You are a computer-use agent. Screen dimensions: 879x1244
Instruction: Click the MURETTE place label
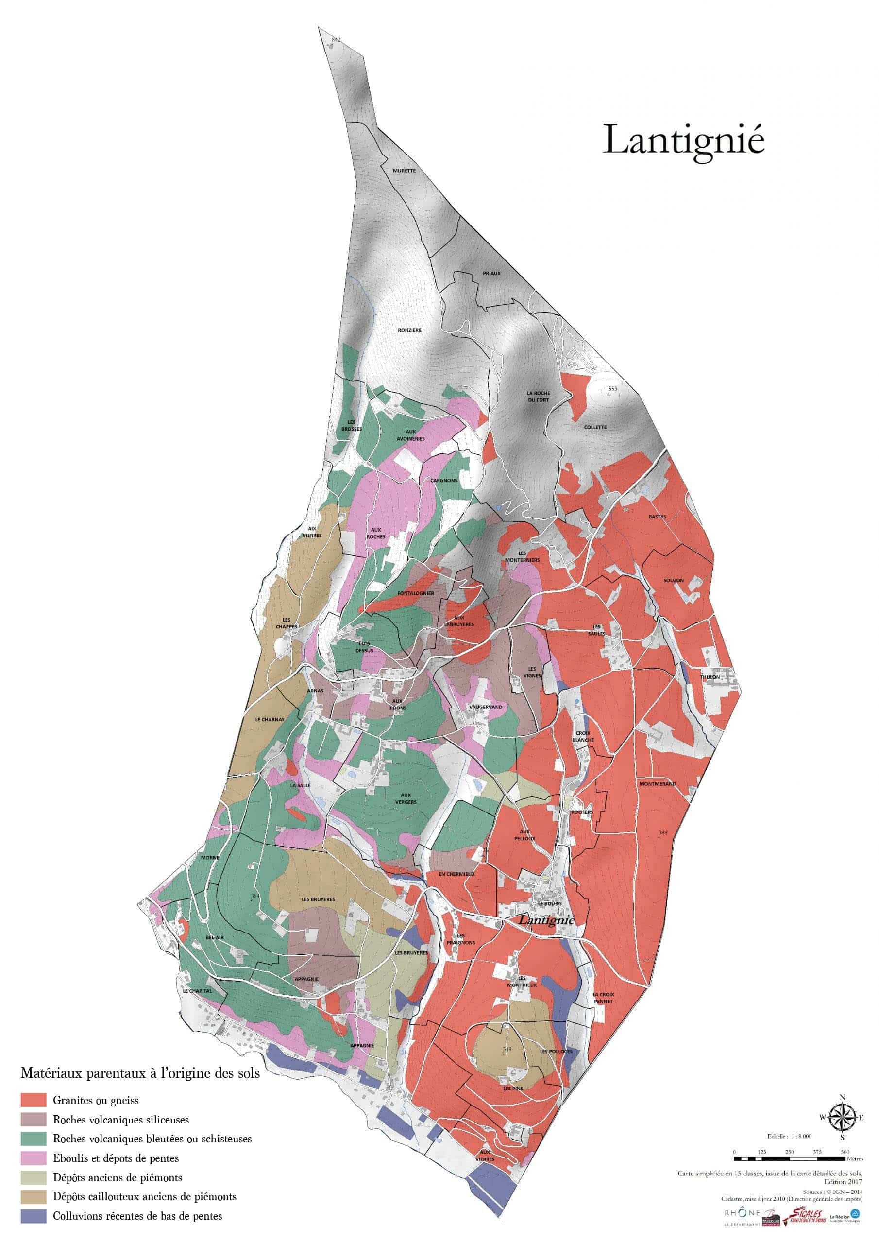tap(404, 170)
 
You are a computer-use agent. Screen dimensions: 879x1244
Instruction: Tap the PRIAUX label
tap(491, 273)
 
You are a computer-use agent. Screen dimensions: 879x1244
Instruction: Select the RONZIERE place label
tap(409, 330)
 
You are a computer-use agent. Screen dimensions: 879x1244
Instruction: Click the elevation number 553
tap(612, 388)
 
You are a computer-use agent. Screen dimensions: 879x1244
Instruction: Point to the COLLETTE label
tap(595, 427)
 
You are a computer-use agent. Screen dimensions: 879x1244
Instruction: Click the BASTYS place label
tap(657, 517)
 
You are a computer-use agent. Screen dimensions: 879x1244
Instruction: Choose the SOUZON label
tap(673, 580)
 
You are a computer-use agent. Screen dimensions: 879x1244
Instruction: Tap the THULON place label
tap(710, 677)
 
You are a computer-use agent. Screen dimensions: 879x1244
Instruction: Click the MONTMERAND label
tap(658, 784)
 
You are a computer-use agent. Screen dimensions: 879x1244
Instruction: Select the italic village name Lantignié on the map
tap(546, 920)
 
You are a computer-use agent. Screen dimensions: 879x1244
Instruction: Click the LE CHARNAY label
tap(269, 720)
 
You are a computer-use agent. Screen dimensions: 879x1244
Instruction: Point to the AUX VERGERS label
tap(406, 798)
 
